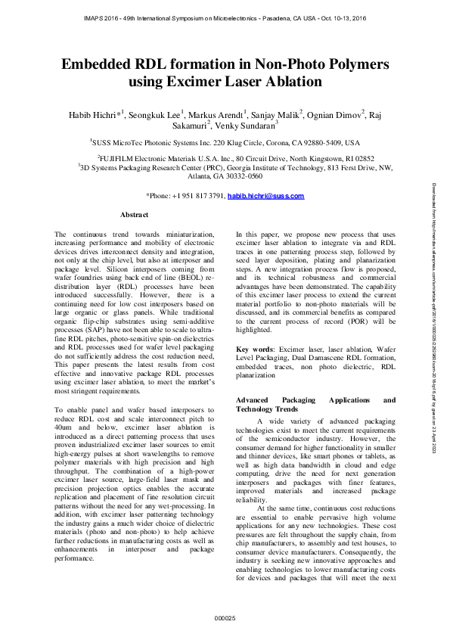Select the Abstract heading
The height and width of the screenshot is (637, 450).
pos(134,215)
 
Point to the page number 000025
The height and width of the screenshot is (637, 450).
pos(225,618)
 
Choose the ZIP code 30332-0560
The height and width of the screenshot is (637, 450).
pos(239,176)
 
